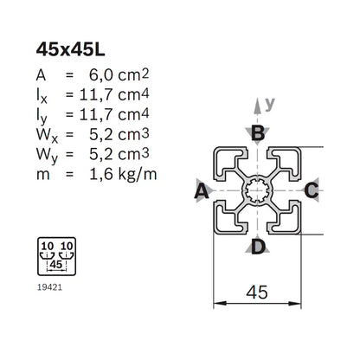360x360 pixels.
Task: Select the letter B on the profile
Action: (x=257, y=132)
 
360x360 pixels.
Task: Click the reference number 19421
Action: (x=51, y=280)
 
